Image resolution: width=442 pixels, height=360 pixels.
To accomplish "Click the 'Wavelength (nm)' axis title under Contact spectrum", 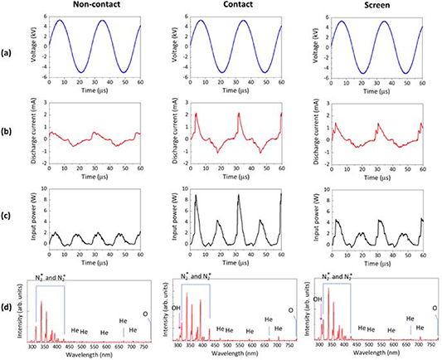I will click(235, 353).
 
